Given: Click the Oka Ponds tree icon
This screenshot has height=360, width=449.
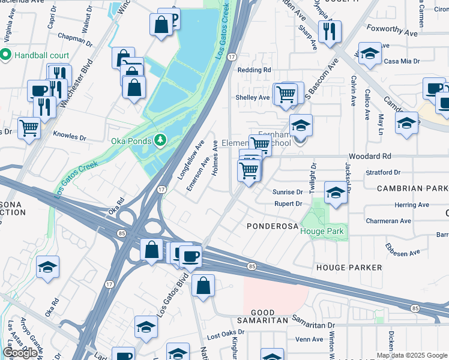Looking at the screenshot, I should pos(160,140).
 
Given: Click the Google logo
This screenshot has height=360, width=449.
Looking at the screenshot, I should pos(20,353).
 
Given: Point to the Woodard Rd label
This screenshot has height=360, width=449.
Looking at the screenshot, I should pos(371,156).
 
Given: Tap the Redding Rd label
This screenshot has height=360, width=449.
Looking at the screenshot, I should pos(254,70).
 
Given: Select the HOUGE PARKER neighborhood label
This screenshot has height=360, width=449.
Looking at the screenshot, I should pos(349,267).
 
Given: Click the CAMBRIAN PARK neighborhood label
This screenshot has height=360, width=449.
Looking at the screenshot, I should pos(412,188).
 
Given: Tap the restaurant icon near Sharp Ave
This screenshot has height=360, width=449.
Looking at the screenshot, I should pos(330,31).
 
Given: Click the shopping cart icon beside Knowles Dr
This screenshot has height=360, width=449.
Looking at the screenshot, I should pos(28,128).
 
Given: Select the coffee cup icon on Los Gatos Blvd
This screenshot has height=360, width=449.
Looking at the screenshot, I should pos(190,256).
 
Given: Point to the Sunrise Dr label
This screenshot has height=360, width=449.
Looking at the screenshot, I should pos(288,192).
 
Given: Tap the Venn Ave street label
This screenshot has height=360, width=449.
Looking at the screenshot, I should pos(310,339).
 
